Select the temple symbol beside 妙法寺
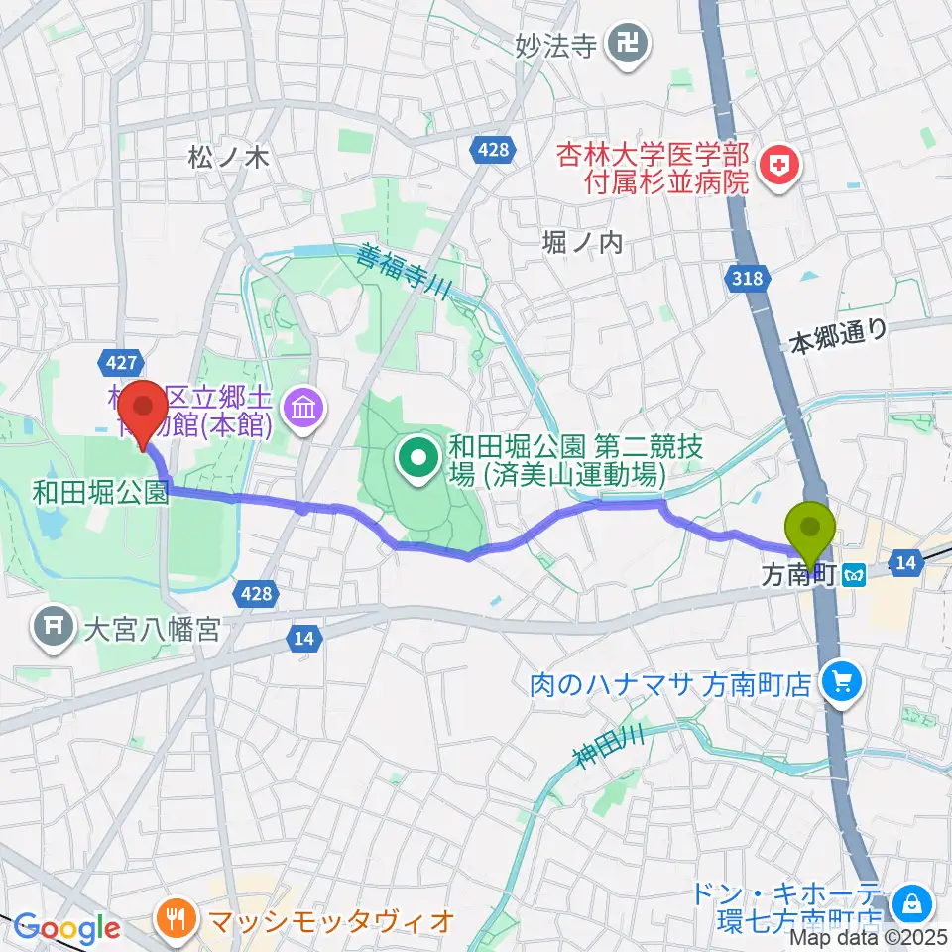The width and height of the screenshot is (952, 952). pos(629,42)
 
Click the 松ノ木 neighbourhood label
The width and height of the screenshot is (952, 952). pos(229,156)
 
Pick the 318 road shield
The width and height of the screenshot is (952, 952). pos(750,278)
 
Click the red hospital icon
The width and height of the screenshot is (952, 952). pos(777,164)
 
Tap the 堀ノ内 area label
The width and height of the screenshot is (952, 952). pos(583,242)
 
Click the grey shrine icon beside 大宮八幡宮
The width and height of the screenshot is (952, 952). pos(52,627)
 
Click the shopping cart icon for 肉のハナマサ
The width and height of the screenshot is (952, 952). pos(842,681)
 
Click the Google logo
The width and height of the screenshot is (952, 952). pos(66,928)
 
